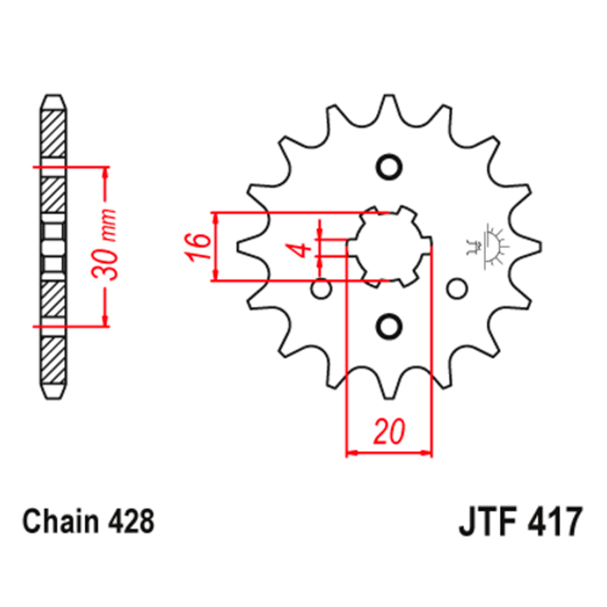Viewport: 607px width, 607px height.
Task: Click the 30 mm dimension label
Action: (x=104, y=245)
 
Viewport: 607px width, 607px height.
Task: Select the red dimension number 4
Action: (x=301, y=249)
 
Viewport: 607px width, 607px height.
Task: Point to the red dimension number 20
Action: (x=389, y=431)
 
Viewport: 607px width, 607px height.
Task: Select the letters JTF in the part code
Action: (x=488, y=521)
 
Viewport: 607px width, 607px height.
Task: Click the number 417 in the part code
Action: (x=554, y=521)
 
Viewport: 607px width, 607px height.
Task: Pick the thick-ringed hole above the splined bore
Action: (x=389, y=168)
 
